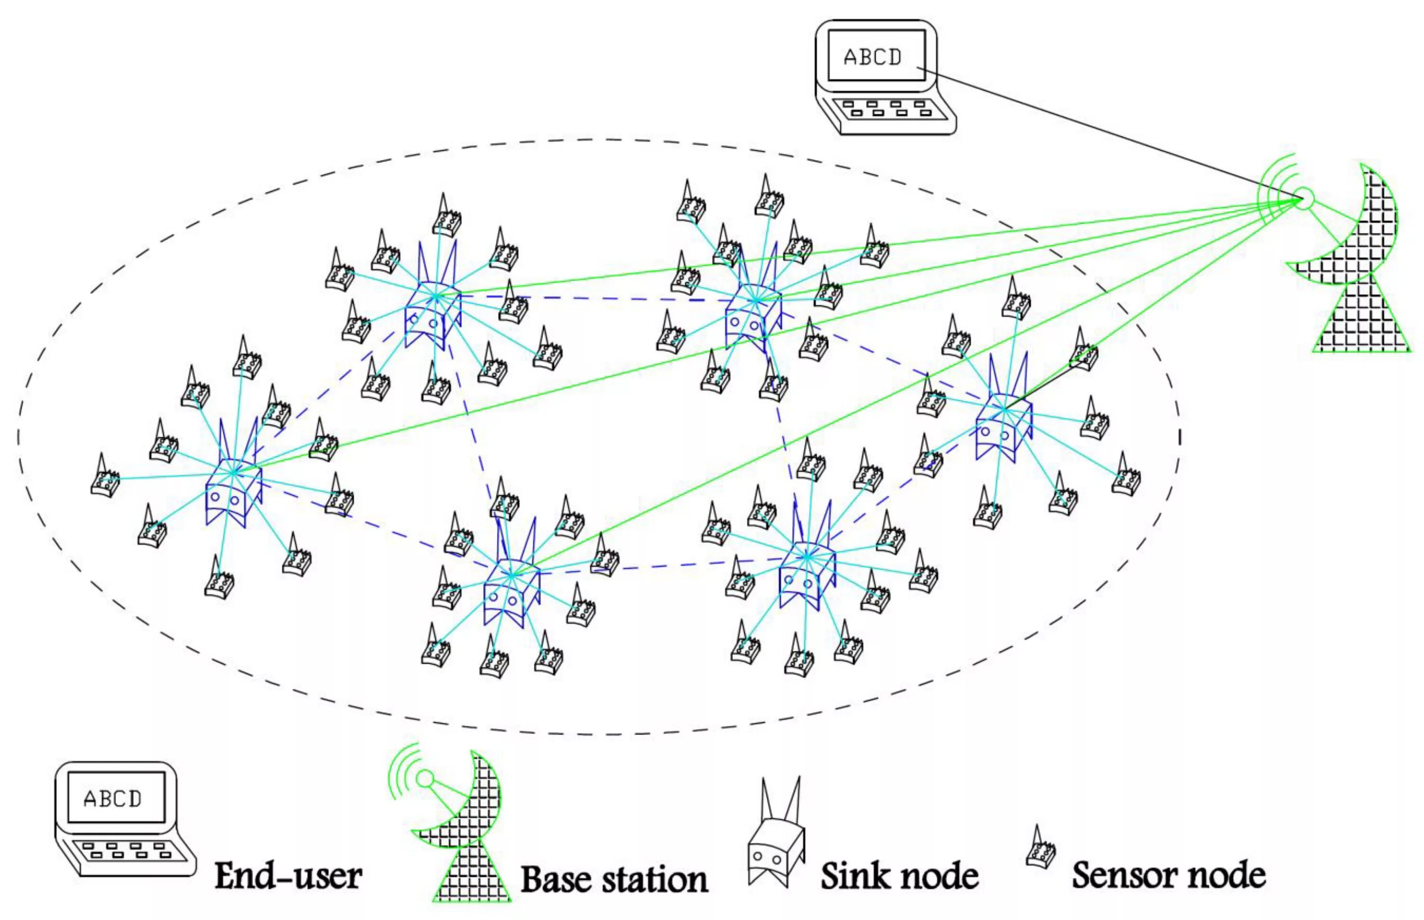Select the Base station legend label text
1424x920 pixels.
point(614,879)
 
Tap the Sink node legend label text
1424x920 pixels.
point(899,876)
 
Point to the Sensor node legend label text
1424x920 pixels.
point(1169,875)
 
